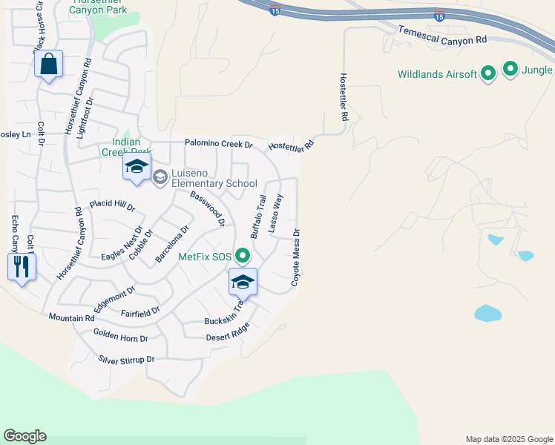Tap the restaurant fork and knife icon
(22, 266)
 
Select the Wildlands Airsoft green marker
(488, 73)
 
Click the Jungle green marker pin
(510, 70)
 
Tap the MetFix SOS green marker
(243, 257)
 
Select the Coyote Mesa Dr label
(295, 257)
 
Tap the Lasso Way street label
(276, 214)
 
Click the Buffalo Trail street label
(258, 216)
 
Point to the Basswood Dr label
(207, 208)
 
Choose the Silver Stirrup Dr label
(126, 360)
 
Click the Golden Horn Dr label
(120, 337)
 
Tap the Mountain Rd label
(72, 317)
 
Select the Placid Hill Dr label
(113, 205)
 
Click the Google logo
(24, 436)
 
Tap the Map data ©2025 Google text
(508, 439)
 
